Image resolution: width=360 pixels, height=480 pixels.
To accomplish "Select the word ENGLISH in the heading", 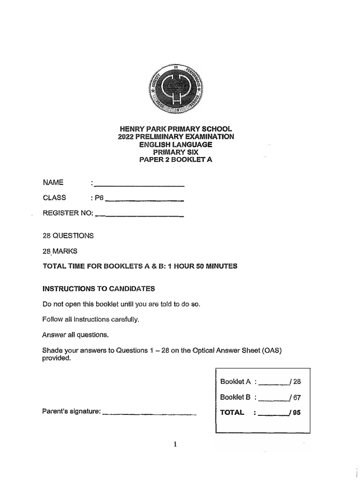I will click(x=158, y=144).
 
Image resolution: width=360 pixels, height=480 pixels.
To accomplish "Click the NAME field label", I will click(x=52, y=182).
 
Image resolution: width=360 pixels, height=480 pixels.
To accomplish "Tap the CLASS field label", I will click(x=54, y=197).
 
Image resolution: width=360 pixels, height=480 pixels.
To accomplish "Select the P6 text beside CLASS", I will click(x=98, y=198).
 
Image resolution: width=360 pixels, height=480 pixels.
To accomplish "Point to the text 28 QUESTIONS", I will click(x=68, y=236).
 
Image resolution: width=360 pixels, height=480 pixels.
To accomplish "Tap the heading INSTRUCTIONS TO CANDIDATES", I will click(x=98, y=288).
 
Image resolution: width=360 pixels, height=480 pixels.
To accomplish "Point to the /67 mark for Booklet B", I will click(x=295, y=397).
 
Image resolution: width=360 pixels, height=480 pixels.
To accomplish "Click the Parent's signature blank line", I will click(x=149, y=413).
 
